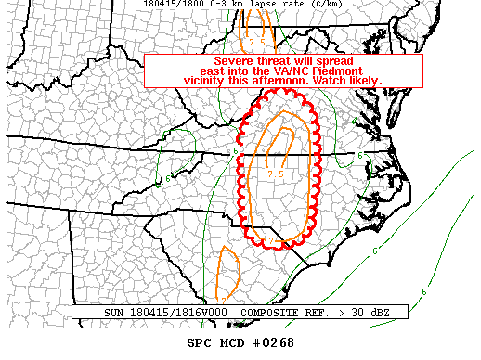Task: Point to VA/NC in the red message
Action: click(307, 71)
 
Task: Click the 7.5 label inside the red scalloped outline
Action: click(275, 174)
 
